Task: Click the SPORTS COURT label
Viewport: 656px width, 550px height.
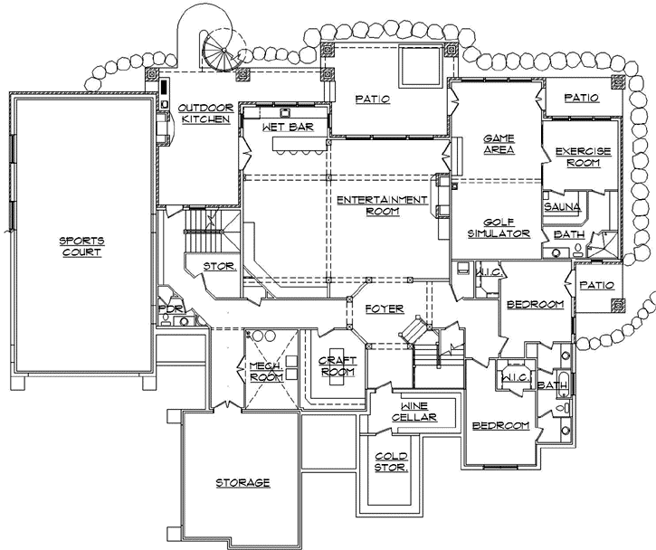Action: [x=81, y=246]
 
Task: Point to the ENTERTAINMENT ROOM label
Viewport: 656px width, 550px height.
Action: [x=381, y=205]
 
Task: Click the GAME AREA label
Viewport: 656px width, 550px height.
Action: [x=499, y=144]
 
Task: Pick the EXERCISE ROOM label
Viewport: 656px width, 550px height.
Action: [x=583, y=157]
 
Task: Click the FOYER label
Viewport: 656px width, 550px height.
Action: [x=385, y=308]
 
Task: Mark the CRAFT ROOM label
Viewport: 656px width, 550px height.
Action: [x=338, y=365]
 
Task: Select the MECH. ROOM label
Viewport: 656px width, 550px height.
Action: [x=268, y=372]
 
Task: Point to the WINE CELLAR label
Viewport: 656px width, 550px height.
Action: [x=414, y=412]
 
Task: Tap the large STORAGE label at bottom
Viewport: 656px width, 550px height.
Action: [x=242, y=483]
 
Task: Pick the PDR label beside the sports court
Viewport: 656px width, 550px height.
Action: [x=172, y=309]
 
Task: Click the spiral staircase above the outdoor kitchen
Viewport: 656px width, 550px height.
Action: [x=221, y=47]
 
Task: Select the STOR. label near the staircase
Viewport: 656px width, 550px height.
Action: [x=220, y=267]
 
